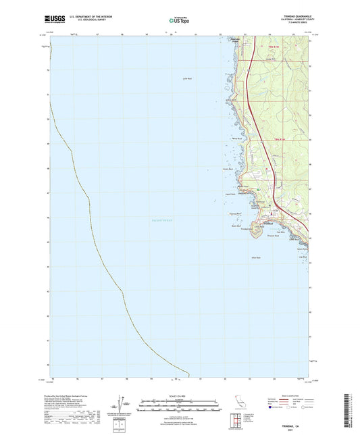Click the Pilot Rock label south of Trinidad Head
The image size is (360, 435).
coord(255,258)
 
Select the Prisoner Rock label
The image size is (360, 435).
coord(272,236)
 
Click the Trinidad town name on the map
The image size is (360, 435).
coord(270,224)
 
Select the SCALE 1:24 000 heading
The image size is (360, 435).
coord(180,396)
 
